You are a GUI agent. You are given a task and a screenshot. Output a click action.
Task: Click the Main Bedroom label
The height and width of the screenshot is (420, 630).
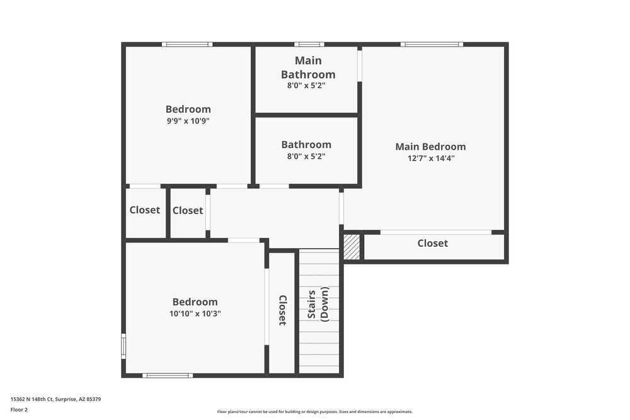click(x=430, y=147)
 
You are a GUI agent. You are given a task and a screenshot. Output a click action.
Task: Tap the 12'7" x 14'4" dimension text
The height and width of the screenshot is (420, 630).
click(x=431, y=159)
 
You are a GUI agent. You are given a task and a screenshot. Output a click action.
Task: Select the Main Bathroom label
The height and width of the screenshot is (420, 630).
click(x=308, y=67)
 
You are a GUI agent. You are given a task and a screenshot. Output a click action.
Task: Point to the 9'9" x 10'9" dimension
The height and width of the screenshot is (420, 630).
click(x=188, y=121)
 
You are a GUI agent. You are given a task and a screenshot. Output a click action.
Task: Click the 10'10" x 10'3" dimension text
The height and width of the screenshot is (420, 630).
click(x=195, y=314)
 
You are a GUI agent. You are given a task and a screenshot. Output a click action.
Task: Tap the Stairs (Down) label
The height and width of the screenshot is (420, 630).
click(x=318, y=304)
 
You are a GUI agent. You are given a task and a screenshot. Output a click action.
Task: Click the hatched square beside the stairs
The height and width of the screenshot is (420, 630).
click(x=352, y=247)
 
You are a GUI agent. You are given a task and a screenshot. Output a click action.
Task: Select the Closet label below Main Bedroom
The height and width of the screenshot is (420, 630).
click(x=433, y=243)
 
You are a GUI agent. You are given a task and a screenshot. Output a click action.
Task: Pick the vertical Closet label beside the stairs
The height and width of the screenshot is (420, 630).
click(x=282, y=310)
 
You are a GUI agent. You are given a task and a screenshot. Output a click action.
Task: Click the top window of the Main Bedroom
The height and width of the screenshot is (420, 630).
click(x=432, y=44)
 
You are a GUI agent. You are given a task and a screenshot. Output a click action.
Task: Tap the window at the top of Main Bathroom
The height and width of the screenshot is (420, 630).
click(x=309, y=44)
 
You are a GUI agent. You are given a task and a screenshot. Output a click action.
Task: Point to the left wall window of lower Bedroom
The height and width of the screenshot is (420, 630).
click(x=123, y=346)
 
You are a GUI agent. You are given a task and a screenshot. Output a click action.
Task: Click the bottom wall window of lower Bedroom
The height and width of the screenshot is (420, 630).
click(x=167, y=375)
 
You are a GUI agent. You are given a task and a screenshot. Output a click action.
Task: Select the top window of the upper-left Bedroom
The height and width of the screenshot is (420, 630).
click(x=187, y=44)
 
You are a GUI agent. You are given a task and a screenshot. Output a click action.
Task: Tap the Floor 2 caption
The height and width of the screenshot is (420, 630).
click(x=19, y=409)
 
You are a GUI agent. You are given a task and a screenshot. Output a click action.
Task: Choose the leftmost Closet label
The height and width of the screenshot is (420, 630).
click(x=145, y=210)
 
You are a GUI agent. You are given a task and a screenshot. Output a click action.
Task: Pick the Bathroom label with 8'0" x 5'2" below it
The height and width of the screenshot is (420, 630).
click(x=306, y=145)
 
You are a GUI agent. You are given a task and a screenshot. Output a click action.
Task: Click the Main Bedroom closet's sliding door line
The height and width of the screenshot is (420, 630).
click(x=436, y=232)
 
